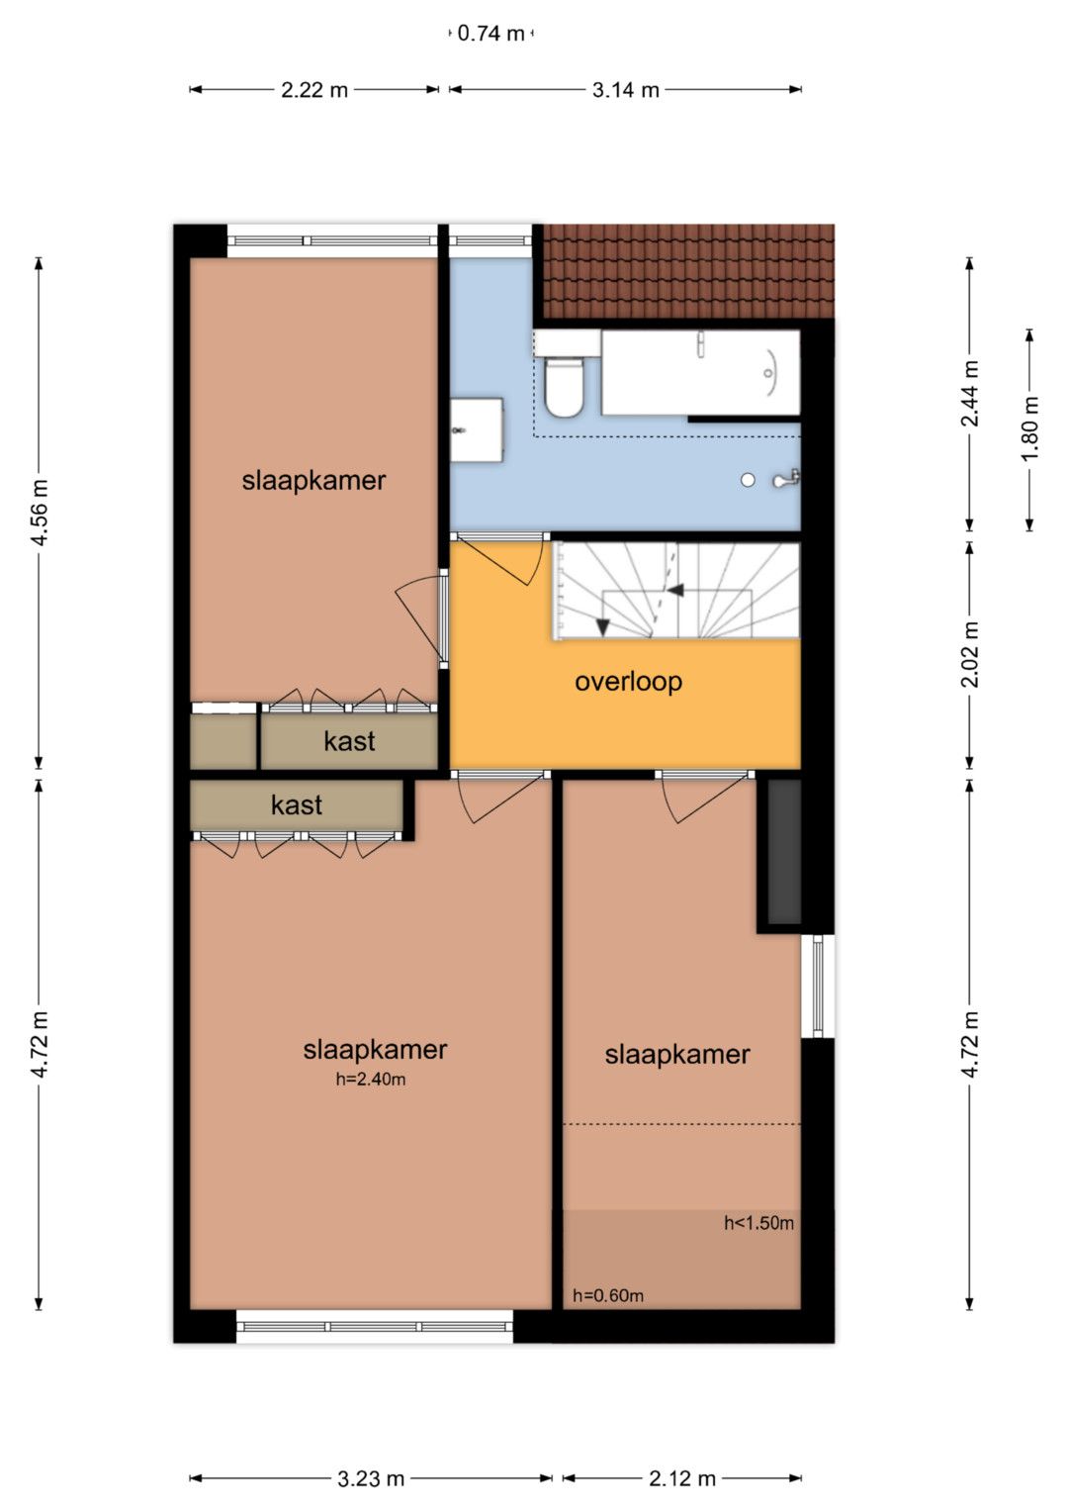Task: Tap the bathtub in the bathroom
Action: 700,372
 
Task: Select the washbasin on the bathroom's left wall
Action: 476,429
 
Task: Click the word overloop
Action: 628,682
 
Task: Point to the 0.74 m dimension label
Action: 490,33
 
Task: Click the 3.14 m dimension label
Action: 626,90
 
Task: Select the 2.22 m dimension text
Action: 314,90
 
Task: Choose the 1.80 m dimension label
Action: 1029,429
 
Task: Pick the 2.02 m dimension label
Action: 969,654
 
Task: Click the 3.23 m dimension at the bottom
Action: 371,1479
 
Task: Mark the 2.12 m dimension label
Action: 682,1479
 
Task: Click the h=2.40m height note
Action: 371,1080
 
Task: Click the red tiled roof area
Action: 688,271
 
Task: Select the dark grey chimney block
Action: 785,852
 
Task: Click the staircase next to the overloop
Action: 676,591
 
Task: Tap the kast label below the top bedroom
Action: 349,741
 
